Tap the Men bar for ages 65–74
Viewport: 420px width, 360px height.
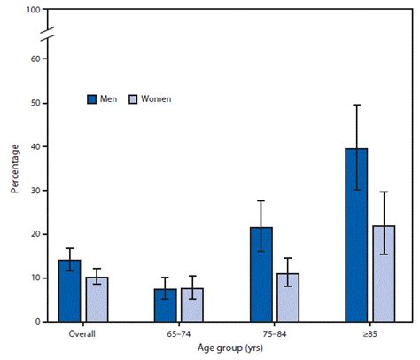[x=166, y=305]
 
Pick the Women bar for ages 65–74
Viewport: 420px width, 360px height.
[x=193, y=305]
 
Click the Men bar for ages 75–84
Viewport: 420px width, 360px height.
[x=261, y=275]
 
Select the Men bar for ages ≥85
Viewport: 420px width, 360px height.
[x=357, y=235]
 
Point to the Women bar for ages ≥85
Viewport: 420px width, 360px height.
[x=385, y=274]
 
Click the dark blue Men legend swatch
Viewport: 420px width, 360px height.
[x=91, y=98]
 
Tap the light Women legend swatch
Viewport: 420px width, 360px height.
[x=135, y=98]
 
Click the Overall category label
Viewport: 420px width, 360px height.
[x=83, y=335]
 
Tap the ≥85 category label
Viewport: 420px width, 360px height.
[x=370, y=335]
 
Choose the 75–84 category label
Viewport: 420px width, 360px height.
[x=275, y=335]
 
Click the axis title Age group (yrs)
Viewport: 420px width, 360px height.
[x=227, y=350]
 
